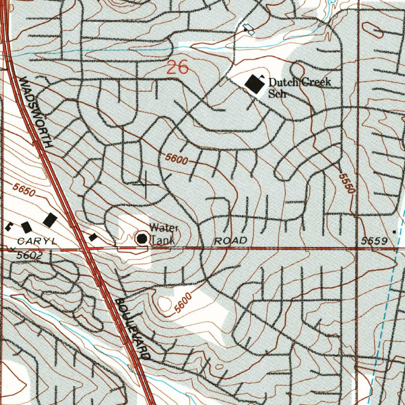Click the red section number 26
pos(177,68)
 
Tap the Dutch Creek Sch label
pos(299,87)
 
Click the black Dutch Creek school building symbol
pos(254,84)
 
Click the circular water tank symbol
pos(142,238)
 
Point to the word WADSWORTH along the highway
pos(36,112)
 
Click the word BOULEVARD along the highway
pos(132,329)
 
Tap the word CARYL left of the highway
pos(38,240)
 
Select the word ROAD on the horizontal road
pos(231,240)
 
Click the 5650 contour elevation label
pos(24,190)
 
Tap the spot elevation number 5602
pos(29,255)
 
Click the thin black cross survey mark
pos(146,185)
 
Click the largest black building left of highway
pos(50,220)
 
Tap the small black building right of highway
pos(93,237)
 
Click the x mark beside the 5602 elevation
pos(13,250)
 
